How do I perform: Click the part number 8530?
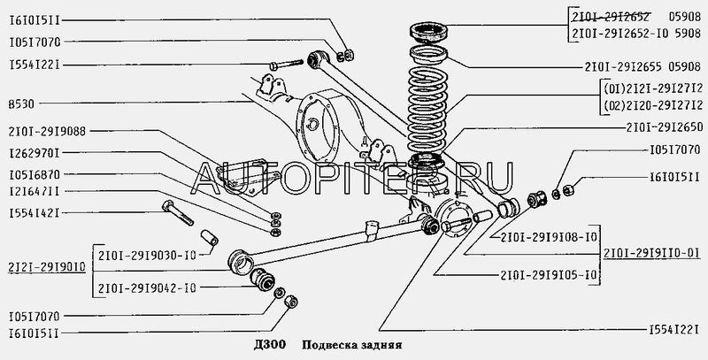click(x=21, y=104)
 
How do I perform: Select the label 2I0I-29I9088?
click(x=47, y=132)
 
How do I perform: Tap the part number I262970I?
click(x=34, y=153)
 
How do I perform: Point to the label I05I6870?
click(x=34, y=175)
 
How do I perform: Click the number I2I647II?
click(x=34, y=191)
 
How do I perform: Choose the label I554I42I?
click(x=34, y=213)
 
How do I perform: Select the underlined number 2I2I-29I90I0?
click(x=47, y=267)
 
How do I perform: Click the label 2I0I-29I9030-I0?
click(x=147, y=256)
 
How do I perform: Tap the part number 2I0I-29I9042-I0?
click(x=147, y=288)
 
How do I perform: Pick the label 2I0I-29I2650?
click(x=665, y=128)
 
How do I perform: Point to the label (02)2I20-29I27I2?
click(x=653, y=105)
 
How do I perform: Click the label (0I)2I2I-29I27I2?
click(x=653, y=88)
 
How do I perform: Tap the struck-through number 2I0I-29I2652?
click(x=611, y=17)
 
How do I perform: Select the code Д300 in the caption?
click(x=270, y=346)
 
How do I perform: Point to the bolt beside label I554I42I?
click(x=178, y=212)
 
